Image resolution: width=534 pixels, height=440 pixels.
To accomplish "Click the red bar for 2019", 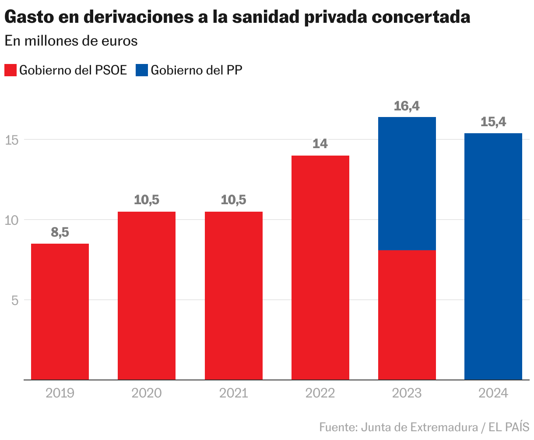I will click(x=60, y=312).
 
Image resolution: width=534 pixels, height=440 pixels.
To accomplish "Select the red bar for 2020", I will click(x=147, y=296).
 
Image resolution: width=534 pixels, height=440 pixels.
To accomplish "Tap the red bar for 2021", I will click(x=234, y=296).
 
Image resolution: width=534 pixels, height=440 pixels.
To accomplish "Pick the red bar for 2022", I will click(x=320, y=267).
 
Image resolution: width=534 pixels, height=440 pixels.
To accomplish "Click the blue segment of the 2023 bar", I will click(x=407, y=184).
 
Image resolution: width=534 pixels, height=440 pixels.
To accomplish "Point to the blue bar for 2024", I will click(x=493, y=256).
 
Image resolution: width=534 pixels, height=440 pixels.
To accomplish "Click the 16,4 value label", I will click(x=407, y=106).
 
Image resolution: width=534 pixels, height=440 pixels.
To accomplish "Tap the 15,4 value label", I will click(x=493, y=122).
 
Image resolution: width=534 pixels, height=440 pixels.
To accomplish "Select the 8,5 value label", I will click(x=60, y=232).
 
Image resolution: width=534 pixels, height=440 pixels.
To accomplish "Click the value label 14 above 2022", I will click(x=320, y=144).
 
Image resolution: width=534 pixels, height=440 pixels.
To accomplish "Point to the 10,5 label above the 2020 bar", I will click(x=147, y=200).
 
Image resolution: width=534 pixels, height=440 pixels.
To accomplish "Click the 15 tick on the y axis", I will click(x=11, y=140).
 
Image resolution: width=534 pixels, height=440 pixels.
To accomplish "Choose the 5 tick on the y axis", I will click(x=14, y=300).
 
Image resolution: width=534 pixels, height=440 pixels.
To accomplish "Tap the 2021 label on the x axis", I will click(x=234, y=393).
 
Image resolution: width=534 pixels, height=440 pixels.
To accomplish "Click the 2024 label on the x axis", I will click(x=493, y=393).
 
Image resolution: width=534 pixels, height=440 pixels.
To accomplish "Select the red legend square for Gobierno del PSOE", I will click(x=11, y=70).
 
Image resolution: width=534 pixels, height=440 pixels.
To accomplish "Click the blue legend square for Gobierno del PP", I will click(x=142, y=70).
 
